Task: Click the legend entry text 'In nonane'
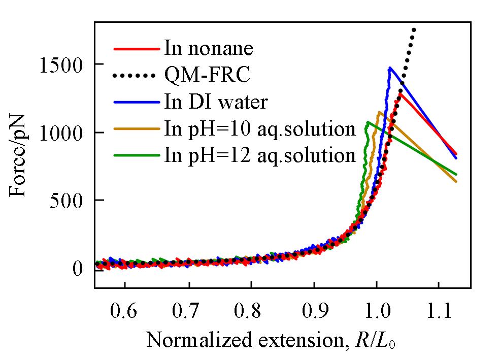(x=208, y=49)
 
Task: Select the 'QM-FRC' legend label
(x=207, y=76)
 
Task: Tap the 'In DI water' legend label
(x=215, y=102)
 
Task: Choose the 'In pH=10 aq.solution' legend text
(x=259, y=128)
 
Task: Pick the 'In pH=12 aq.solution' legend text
(x=259, y=155)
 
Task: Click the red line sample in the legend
(x=136, y=49)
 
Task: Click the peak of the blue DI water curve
(x=389, y=68)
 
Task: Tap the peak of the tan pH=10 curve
(x=379, y=112)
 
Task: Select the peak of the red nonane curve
(x=400, y=93)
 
